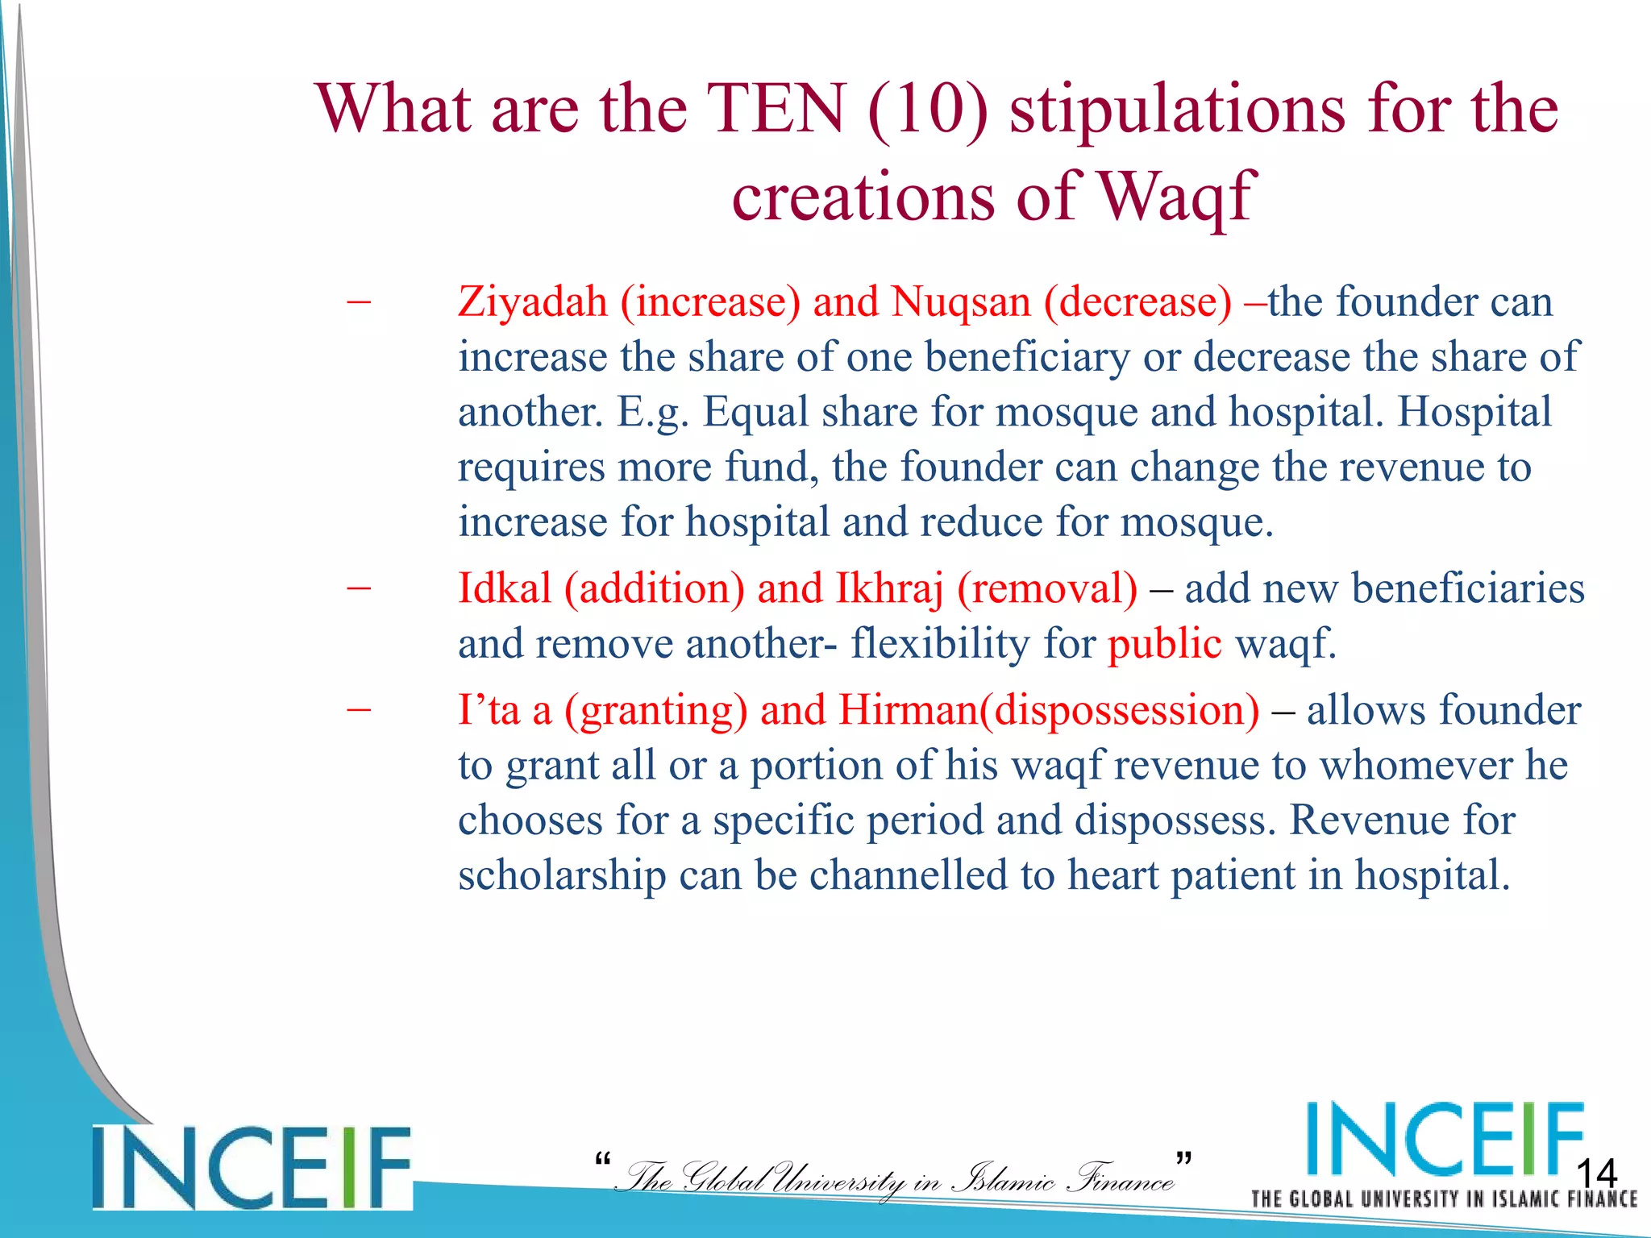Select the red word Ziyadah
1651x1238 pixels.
coord(532,302)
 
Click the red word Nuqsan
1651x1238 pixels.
coord(961,302)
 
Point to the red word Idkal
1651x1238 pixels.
coord(505,588)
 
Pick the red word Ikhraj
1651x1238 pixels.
coord(888,588)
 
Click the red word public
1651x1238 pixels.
coord(1164,644)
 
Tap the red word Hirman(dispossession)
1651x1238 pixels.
coord(1049,711)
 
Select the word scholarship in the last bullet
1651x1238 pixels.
coord(562,875)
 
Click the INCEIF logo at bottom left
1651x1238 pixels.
coord(252,1167)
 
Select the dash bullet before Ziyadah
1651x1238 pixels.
coord(359,302)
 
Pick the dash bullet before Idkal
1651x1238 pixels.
coord(359,588)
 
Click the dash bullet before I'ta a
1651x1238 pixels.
coord(359,711)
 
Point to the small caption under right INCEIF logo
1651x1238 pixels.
coord(1443,1199)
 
